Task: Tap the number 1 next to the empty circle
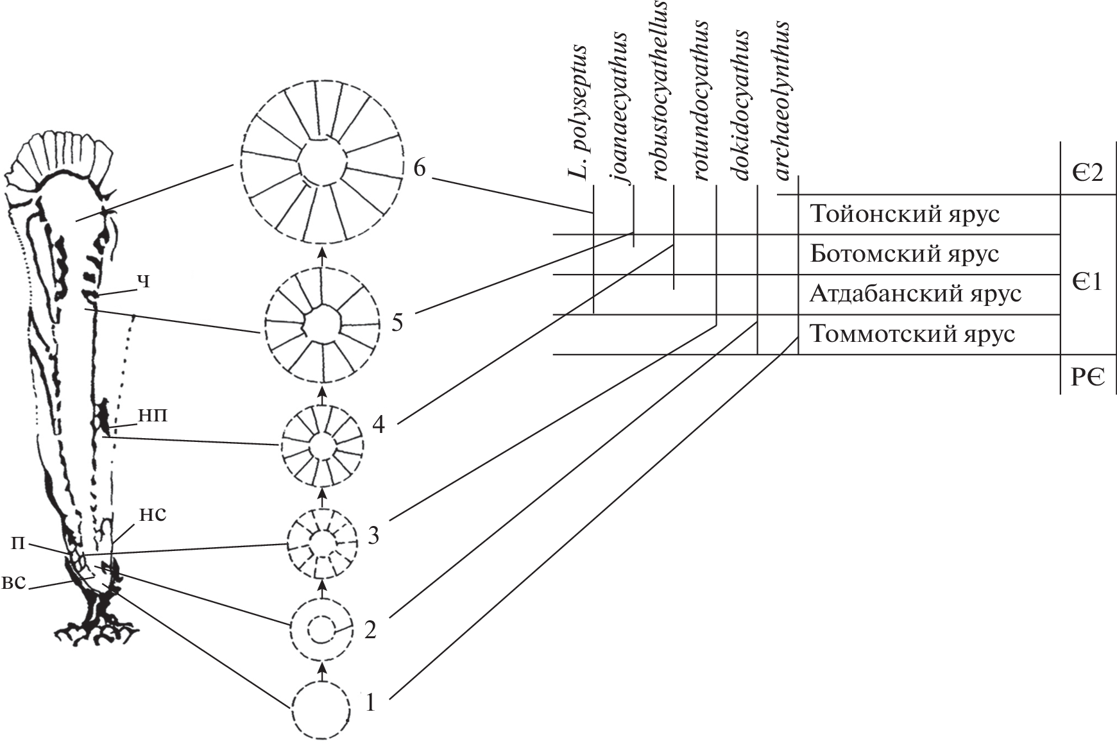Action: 370,702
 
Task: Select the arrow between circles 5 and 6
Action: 323,257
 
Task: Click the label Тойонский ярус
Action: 905,214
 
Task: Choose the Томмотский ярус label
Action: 912,334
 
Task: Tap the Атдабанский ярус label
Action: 916,294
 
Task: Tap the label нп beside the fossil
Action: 153,415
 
